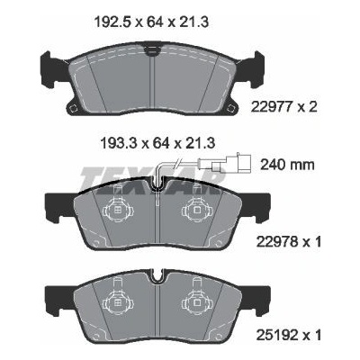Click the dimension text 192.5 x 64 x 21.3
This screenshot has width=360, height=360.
click(x=151, y=22)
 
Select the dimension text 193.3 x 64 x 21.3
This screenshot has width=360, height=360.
click(x=157, y=143)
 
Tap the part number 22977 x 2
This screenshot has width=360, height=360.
click(x=283, y=107)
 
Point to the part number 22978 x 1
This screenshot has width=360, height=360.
click(x=289, y=241)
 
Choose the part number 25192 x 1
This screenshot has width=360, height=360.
click(x=289, y=335)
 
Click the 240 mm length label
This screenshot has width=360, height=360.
click(x=287, y=165)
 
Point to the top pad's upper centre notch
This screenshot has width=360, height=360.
click(x=153, y=50)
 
